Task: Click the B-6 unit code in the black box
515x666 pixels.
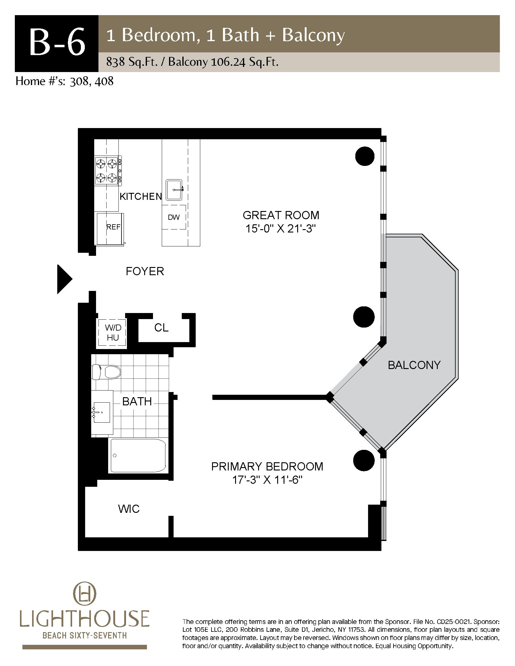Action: (x=57, y=44)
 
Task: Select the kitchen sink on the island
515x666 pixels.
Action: (x=174, y=190)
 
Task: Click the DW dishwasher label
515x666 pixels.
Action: (x=174, y=217)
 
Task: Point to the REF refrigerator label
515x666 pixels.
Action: (x=113, y=227)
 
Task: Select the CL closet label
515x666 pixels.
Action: (x=161, y=328)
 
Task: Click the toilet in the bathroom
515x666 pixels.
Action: (x=106, y=372)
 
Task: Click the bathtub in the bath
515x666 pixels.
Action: (x=138, y=456)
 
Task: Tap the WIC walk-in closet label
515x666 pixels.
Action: (x=129, y=509)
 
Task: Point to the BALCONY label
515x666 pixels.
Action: (x=414, y=365)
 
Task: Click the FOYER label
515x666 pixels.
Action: (x=145, y=271)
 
